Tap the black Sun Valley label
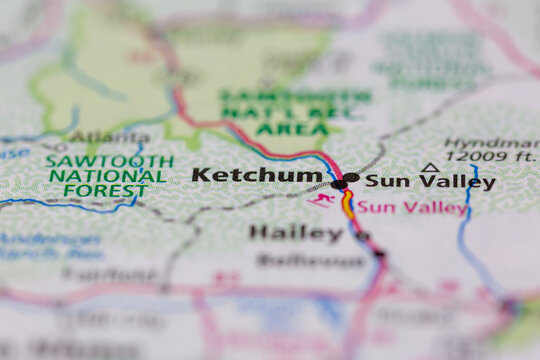click(x=430, y=182)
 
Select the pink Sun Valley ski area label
click(x=412, y=208)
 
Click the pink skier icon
click(x=321, y=201)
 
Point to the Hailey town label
click(x=296, y=232)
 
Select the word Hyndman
click(x=483, y=143)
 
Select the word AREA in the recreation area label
click(x=291, y=129)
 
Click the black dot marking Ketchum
click(x=339, y=184)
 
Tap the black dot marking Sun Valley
click(x=352, y=178)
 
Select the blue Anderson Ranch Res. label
click(x=50, y=246)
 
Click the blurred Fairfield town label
click(x=96, y=273)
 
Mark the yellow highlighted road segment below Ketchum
click(x=348, y=205)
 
